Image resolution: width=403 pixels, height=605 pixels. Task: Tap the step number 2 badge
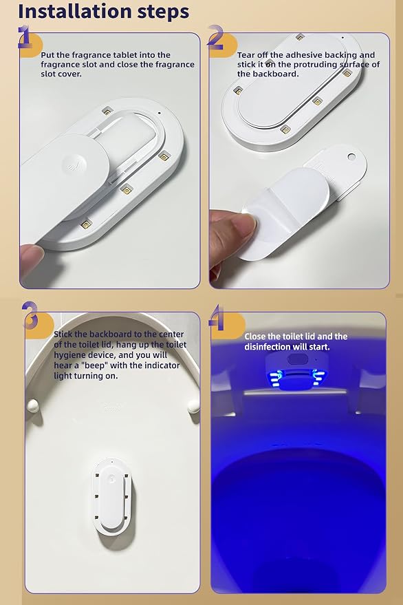(220, 42)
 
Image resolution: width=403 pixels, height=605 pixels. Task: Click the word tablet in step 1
(124, 55)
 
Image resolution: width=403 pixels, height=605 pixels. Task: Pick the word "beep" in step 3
(94, 365)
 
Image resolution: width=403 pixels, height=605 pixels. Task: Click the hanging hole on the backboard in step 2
(351, 157)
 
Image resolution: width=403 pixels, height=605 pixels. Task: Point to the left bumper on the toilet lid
(33, 405)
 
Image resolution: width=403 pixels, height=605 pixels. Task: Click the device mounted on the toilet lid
(112, 496)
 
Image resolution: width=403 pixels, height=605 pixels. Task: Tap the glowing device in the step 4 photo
(297, 371)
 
